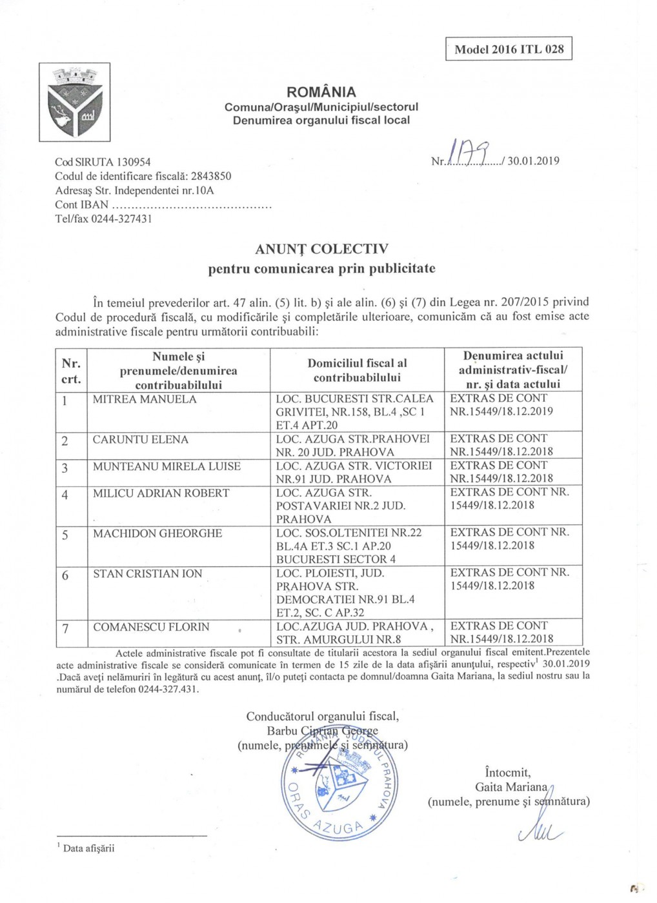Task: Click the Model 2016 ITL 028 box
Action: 509,49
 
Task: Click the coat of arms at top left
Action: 74,102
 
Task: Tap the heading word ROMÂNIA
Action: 321,92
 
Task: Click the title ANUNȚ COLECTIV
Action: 321,249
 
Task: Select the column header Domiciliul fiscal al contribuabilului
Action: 357,370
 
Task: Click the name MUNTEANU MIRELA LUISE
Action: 167,466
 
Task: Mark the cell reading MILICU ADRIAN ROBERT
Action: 161,493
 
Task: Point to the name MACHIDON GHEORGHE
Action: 157,533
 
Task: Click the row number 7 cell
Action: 65,628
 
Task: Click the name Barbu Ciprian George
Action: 322,731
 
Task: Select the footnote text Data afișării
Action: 88,848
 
